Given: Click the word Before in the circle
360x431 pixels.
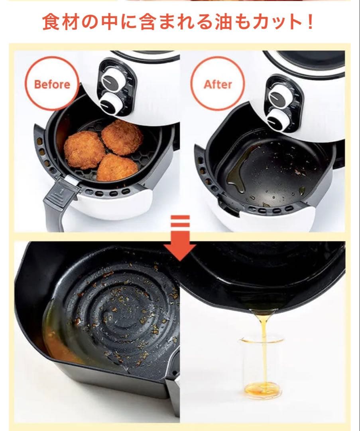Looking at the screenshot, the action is [x=52, y=84].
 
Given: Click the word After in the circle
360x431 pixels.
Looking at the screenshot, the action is [x=218, y=84].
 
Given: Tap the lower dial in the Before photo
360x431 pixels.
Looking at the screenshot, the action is [x=110, y=103].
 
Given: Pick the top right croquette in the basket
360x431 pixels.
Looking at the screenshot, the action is [x=122, y=137].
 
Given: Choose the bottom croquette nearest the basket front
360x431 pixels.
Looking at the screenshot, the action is [x=118, y=167].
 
